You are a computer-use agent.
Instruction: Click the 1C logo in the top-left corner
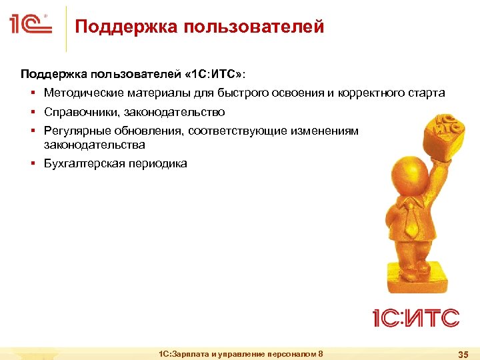click(31, 25)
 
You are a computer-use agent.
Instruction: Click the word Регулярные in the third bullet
click(77, 131)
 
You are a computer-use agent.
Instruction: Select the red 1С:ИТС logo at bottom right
click(415, 317)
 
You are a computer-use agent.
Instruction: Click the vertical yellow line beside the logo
click(66, 28)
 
